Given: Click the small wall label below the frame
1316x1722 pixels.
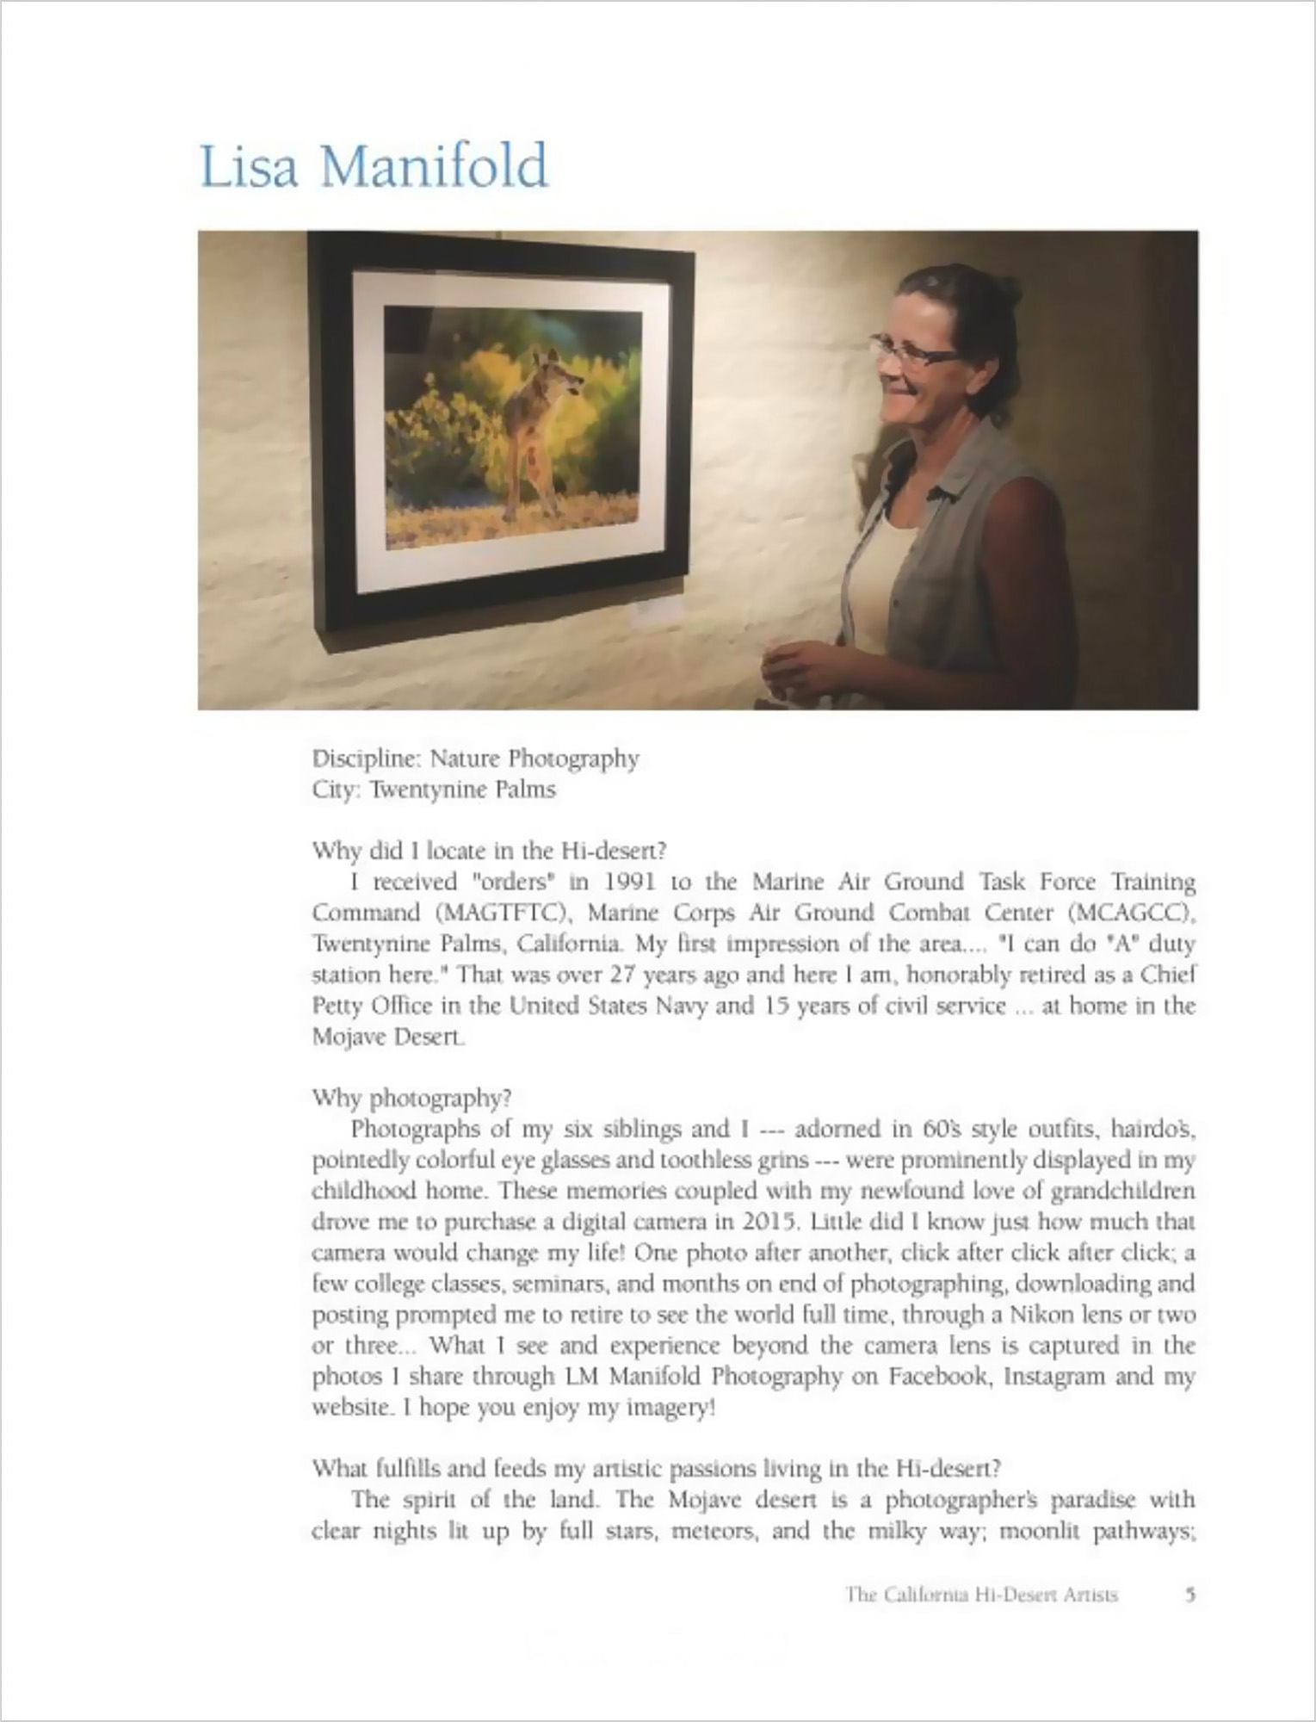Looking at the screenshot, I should [658, 612].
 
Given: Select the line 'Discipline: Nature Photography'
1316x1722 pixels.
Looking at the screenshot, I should [475, 759].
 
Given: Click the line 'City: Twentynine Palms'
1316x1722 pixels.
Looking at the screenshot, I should [434, 790].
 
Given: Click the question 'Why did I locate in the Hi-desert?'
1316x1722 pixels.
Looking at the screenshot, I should [489, 851].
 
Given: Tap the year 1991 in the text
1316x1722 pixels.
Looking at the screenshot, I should [631, 882].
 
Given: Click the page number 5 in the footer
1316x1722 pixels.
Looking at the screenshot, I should [1189, 1595].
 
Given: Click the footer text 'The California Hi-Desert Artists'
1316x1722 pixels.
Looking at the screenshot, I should [981, 1595].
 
